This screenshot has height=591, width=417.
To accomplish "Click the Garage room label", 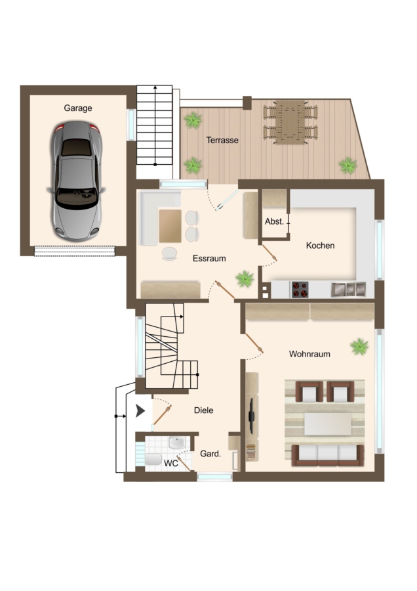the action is pyautogui.click(x=78, y=108).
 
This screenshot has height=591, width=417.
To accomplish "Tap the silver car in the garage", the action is pyautogui.click(x=77, y=181).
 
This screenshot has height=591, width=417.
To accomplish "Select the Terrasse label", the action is pyautogui.click(x=222, y=141).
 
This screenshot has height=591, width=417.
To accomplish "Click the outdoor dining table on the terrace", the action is pyautogui.click(x=290, y=122).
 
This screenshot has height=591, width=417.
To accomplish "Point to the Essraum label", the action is pyautogui.click(x=209, y=259).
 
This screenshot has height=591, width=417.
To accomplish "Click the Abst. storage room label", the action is pyautogui.click(x=274, y=222).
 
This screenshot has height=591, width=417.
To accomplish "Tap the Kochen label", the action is pyautogui.click(x=320, y=246).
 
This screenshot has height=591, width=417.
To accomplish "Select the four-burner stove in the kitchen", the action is pyautogui.click(x=300, y=290).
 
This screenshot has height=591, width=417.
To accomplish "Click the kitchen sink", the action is pyautogui.click(x=348, y=290).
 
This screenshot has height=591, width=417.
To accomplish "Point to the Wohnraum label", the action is pyautogui.click(x=309, y=354).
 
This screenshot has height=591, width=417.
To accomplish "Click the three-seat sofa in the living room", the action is pyautogui.click(x=328, y=455).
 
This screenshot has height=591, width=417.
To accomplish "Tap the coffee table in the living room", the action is pyautogui.click(x=327, y=424).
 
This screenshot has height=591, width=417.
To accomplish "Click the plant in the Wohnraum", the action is pyautogui.click(x=359, y=347).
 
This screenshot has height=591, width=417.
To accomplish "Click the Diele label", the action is pyautogui.click(x=204, y=410).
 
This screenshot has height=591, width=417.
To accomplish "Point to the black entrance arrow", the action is pyautogui.click(x=140, y=411).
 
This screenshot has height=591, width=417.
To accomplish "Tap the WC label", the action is pyautogui.click(x=171, y=463).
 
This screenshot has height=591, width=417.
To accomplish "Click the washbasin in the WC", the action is pyautogui.click(x=176, y=443).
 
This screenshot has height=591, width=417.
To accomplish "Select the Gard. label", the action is pyautogui.click(x=210, y=454).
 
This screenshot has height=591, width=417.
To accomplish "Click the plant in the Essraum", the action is pyautogui.click(x=245, y=279).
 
